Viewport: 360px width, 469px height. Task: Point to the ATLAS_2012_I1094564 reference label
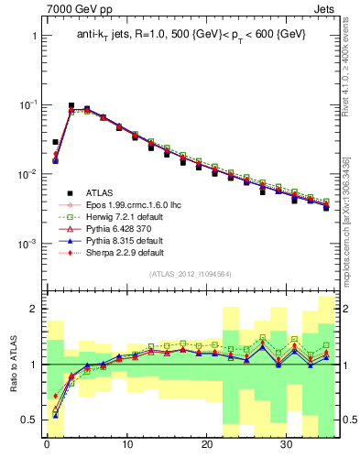click(191, 274)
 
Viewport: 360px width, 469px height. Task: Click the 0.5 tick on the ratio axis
click(29, 420)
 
